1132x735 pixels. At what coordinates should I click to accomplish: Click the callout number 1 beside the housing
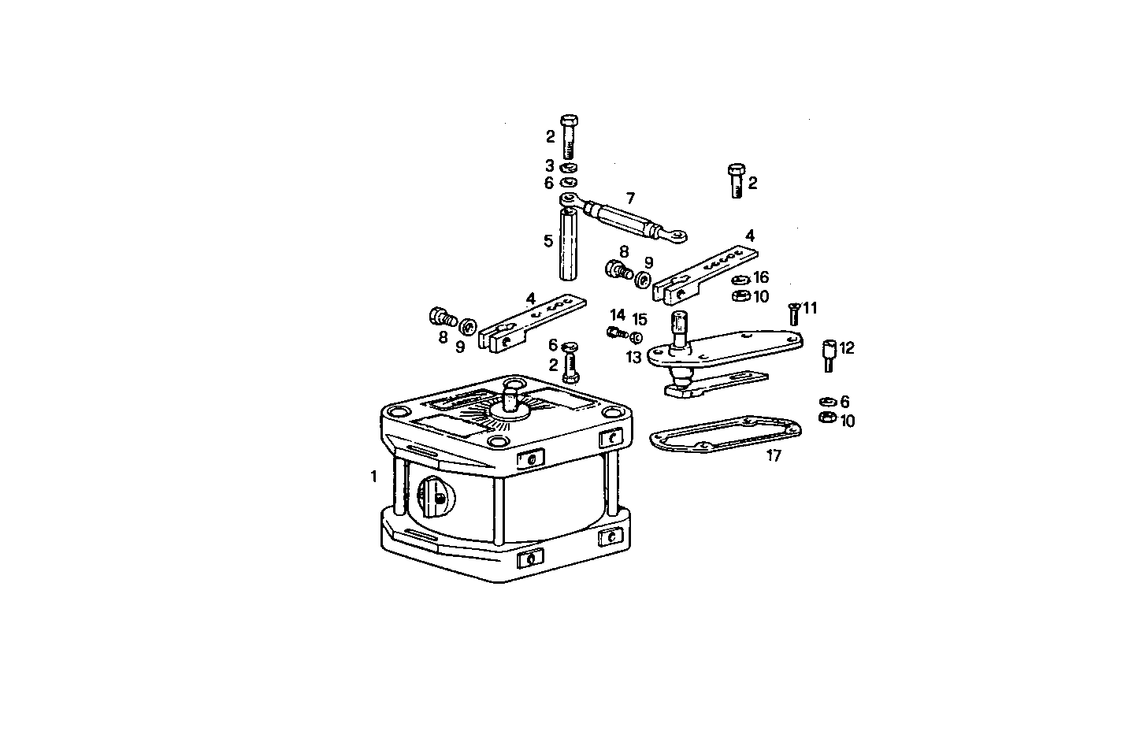(373, 476)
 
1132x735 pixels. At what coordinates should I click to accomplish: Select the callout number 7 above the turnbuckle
(630, 198)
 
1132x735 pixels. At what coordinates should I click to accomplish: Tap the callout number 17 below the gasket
(774, 455)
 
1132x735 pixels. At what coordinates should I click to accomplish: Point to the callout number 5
(548, 240)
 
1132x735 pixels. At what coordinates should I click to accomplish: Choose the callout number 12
(847, 347)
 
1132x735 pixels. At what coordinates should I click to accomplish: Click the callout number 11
(811, 307)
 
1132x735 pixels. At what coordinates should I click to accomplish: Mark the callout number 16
(761, 277)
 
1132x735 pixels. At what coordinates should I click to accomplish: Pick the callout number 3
(550, 165)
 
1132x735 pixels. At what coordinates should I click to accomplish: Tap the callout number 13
(634, 357)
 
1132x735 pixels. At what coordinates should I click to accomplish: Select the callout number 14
(617, 316)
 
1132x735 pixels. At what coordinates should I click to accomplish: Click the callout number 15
(640, 319)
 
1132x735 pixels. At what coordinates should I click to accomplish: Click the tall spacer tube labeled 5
(570, 243)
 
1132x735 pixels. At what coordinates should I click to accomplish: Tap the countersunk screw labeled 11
(794, 314)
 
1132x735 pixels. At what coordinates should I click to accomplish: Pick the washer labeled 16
(740, 280)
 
